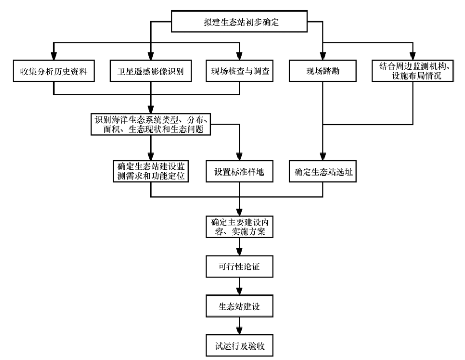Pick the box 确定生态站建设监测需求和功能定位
click(x=150, y=171)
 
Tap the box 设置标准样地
click(x=240, y=171)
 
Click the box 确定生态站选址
click(x=322, y=171)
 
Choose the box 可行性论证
click(x=240, y=267)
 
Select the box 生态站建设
click(x=240, y=306)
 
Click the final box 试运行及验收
click(x=240, y=345)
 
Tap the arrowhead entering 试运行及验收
click(x=240, y=332)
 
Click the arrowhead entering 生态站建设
click(x=240, y=293)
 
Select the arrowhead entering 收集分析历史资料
click(x=53, y=57)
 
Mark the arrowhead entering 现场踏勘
click(x=322, y=57)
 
